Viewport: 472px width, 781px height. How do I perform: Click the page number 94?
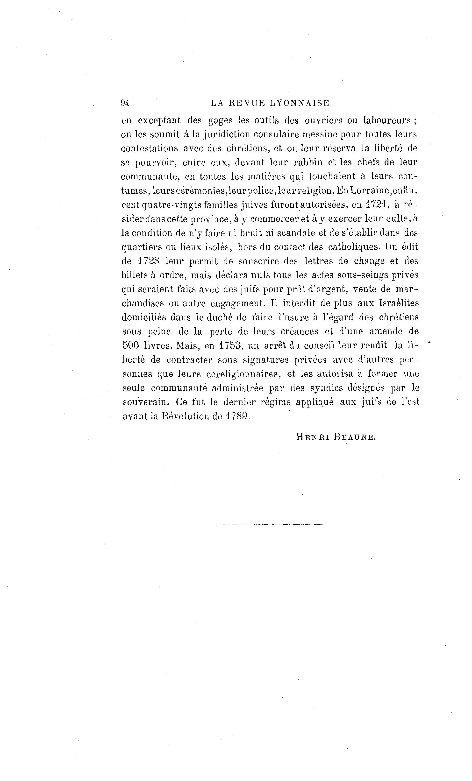tap(125, 103)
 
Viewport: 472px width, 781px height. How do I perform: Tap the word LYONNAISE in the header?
tap(300, 103)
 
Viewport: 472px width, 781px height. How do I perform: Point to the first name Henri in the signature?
tap(312, 437)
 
